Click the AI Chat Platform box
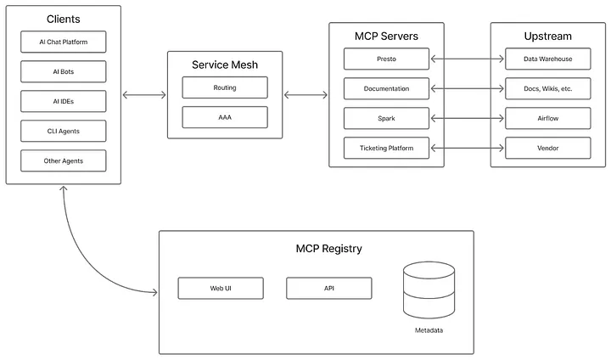[64, 42]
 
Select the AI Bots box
[64, 71]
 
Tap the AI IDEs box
[64, 101]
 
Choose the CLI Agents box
[64, 131]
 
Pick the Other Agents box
[64, 160]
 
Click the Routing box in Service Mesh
[225, 87]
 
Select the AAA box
[225, 117]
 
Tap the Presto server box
[386, 59]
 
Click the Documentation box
[386, 88]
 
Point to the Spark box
[386, 118]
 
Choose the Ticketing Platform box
[386, 148]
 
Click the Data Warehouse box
[547, 59]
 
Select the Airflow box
[547, 118]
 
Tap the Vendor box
[547, 148]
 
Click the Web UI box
[221, 288]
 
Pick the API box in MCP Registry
[329, 288]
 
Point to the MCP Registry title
[328, 249]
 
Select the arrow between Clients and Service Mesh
[144, 94]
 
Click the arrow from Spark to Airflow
[468, 118]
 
